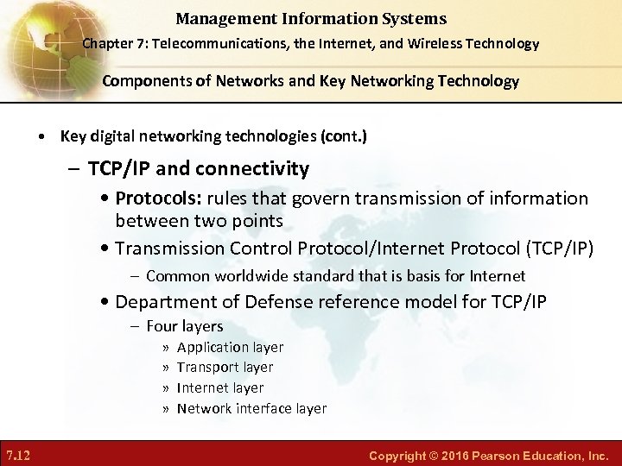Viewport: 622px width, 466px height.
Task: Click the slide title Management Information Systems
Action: click(311, 18)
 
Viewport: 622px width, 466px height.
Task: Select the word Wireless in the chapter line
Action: click(437, 43)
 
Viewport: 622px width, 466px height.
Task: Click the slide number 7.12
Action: click(20, 454)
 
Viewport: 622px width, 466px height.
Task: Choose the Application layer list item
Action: click(230, 347)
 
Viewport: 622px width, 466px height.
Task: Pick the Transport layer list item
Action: click(225, 368)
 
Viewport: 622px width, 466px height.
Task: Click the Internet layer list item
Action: click(220, 388)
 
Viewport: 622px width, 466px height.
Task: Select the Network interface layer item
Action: click(251, 409)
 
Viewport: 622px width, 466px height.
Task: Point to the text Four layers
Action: click(185, 326)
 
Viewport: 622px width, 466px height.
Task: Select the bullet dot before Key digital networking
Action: click(42, 136)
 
